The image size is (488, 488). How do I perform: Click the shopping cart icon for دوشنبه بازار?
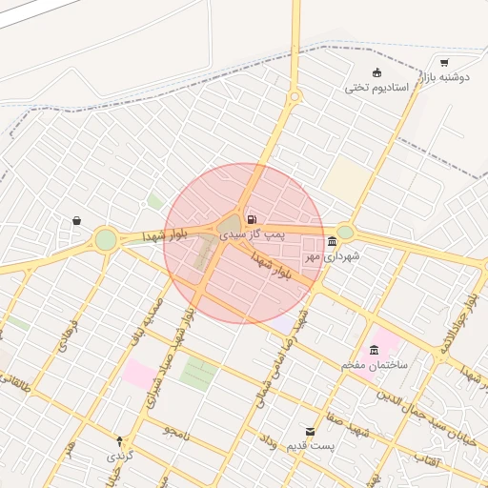444,63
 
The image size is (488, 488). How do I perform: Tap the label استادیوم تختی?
376,88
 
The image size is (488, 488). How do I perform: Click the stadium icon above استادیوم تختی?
376,72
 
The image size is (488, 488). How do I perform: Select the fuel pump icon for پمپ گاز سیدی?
251,219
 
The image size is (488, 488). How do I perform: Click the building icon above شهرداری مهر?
331,241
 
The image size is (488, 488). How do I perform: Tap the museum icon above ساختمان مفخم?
374,350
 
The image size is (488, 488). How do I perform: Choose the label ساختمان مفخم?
376,365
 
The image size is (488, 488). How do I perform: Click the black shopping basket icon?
75,221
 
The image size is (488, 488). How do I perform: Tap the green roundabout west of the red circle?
105,239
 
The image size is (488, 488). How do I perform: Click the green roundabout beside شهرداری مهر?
345,232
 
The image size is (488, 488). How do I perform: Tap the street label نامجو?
176,432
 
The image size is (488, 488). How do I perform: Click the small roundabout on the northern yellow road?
294,96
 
